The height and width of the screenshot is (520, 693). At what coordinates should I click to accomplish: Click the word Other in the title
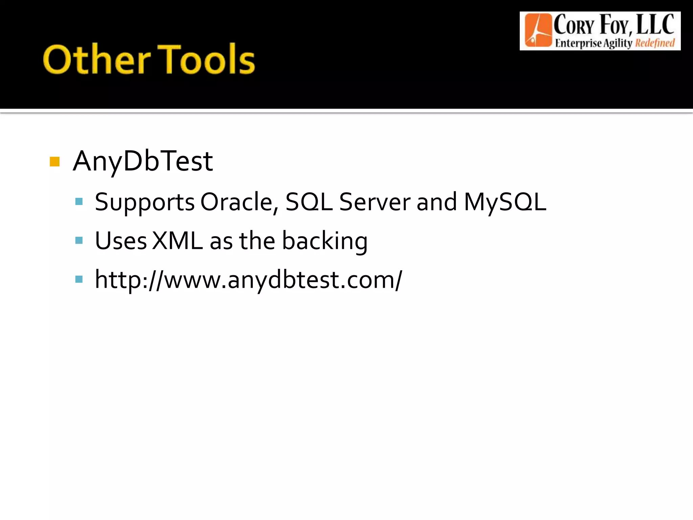(96, 60)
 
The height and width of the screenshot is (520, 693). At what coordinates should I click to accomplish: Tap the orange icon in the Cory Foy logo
(538, 30)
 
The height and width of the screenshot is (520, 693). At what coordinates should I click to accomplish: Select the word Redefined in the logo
(655, 43)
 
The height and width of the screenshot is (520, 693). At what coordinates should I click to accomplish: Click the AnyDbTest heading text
(143, 161)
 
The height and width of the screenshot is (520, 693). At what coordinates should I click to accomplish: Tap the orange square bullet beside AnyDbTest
(54, 161)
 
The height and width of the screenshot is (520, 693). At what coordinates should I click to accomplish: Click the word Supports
(144, 202)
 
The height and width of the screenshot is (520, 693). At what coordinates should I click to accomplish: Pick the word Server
(375, 202)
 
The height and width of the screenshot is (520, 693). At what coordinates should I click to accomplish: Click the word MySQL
(505, 202)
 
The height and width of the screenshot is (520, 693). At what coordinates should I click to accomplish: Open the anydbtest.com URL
(248, 280)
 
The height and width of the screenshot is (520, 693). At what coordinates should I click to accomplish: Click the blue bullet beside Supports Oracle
(79, 202)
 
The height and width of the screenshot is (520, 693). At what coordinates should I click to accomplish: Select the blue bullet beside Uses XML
(79, 241)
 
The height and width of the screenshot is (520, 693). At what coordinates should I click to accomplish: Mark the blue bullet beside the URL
(79, 279)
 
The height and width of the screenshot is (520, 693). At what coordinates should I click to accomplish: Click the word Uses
(121, 241)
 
